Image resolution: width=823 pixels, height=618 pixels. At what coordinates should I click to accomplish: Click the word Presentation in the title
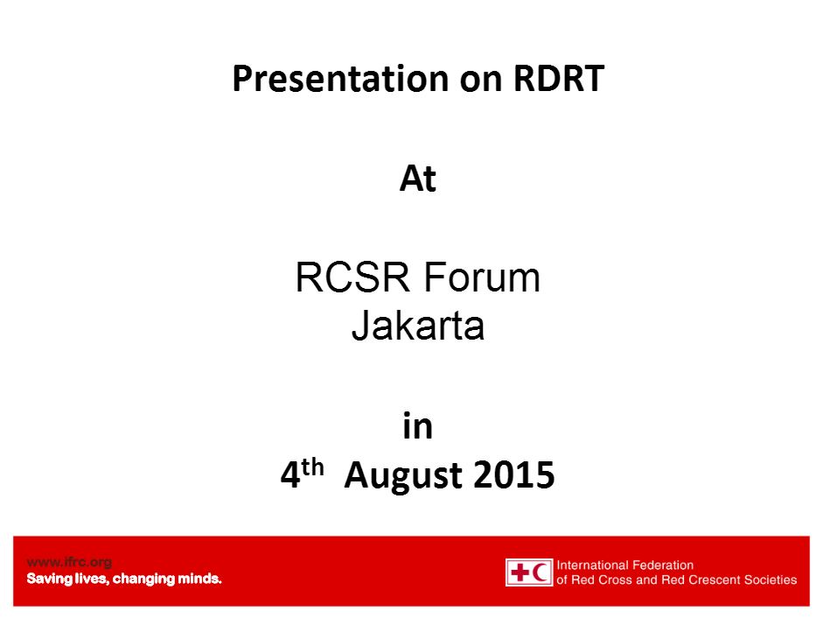(340, 80)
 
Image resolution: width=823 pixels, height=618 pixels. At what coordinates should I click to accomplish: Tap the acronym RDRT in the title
(559, 78)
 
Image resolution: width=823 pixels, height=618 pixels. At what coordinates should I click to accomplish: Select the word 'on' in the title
(481, 82)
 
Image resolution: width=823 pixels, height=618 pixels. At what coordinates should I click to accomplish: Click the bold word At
(418, 179)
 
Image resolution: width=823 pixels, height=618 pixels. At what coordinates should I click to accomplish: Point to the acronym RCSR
(352, 277)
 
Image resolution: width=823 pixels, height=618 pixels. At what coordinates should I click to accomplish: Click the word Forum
(482, 277)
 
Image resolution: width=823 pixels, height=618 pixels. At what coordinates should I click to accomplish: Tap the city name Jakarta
(418, 326)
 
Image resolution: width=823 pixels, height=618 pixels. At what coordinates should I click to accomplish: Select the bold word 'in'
(418, 425)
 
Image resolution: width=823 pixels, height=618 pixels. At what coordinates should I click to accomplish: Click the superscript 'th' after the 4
(312, 467)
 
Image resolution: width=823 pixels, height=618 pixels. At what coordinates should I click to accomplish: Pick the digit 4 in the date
(290, 475)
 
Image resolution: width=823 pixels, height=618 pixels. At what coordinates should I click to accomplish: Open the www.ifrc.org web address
(69, 562)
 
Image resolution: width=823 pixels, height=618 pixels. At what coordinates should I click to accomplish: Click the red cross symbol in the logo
(520, 572)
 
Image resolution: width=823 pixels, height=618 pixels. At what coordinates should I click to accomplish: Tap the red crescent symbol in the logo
(541, 572)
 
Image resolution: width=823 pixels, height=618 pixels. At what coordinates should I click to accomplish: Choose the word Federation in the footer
(660, 565)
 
